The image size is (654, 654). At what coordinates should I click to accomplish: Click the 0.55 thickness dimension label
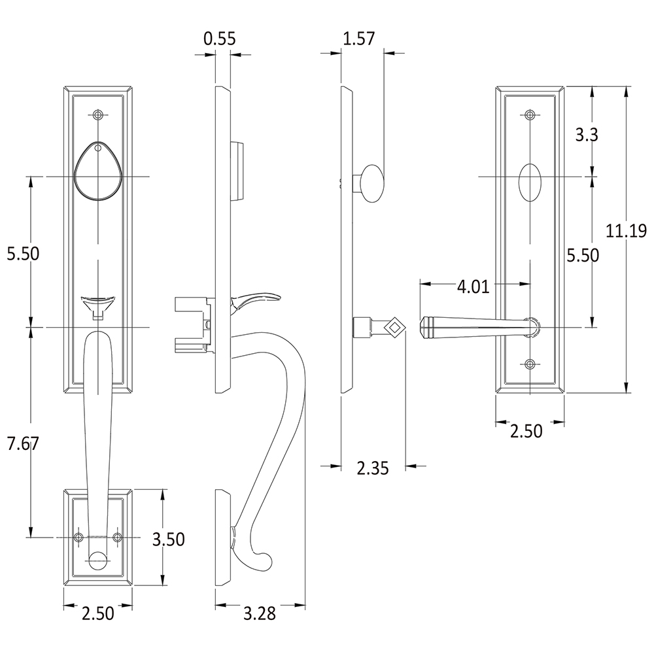pyautogui.click(x=219, y=39)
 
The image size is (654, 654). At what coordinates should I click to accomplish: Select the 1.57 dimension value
pyautogui.click(x=358, y=39)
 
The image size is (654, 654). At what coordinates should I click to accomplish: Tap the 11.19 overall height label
pyautogui.click(x=626, y=231)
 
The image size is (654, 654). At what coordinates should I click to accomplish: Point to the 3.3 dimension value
pyautogui.click(x=587, y=135)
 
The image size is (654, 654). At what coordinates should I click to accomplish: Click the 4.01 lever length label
pyautogui.click(x=473, y=287)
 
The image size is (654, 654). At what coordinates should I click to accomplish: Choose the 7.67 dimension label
pyautogui.click(x=23, y=443)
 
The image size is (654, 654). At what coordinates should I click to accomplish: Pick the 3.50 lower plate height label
pyautogui.click(x=169, y=540)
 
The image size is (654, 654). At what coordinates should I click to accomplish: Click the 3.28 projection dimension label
pyautogui.click(x=260, y=613)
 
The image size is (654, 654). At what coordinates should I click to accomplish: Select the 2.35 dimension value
pyautogui.click(x=373, y=468)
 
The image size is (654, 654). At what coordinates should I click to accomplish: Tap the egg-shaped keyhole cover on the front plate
pyautogui.click(x=98, y=171)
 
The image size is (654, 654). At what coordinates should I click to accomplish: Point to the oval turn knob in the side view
pyautogui.click(x=373, y=184)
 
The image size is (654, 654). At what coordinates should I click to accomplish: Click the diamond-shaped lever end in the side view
pyautogui.click(x=394, y=328)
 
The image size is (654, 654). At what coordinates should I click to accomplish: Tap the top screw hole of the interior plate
pyautogui.click(x=530, y=114)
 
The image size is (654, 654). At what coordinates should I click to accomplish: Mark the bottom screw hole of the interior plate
pyautogui.click(x=530, y=364)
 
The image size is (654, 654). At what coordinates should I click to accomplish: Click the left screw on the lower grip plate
pyautogui.click(x=78, y=537)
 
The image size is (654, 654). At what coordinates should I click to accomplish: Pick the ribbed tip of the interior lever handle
pyautogui.click(x=426, y=328)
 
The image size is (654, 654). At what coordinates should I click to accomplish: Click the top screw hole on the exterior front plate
pyautogui.click(x=98, y=114)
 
